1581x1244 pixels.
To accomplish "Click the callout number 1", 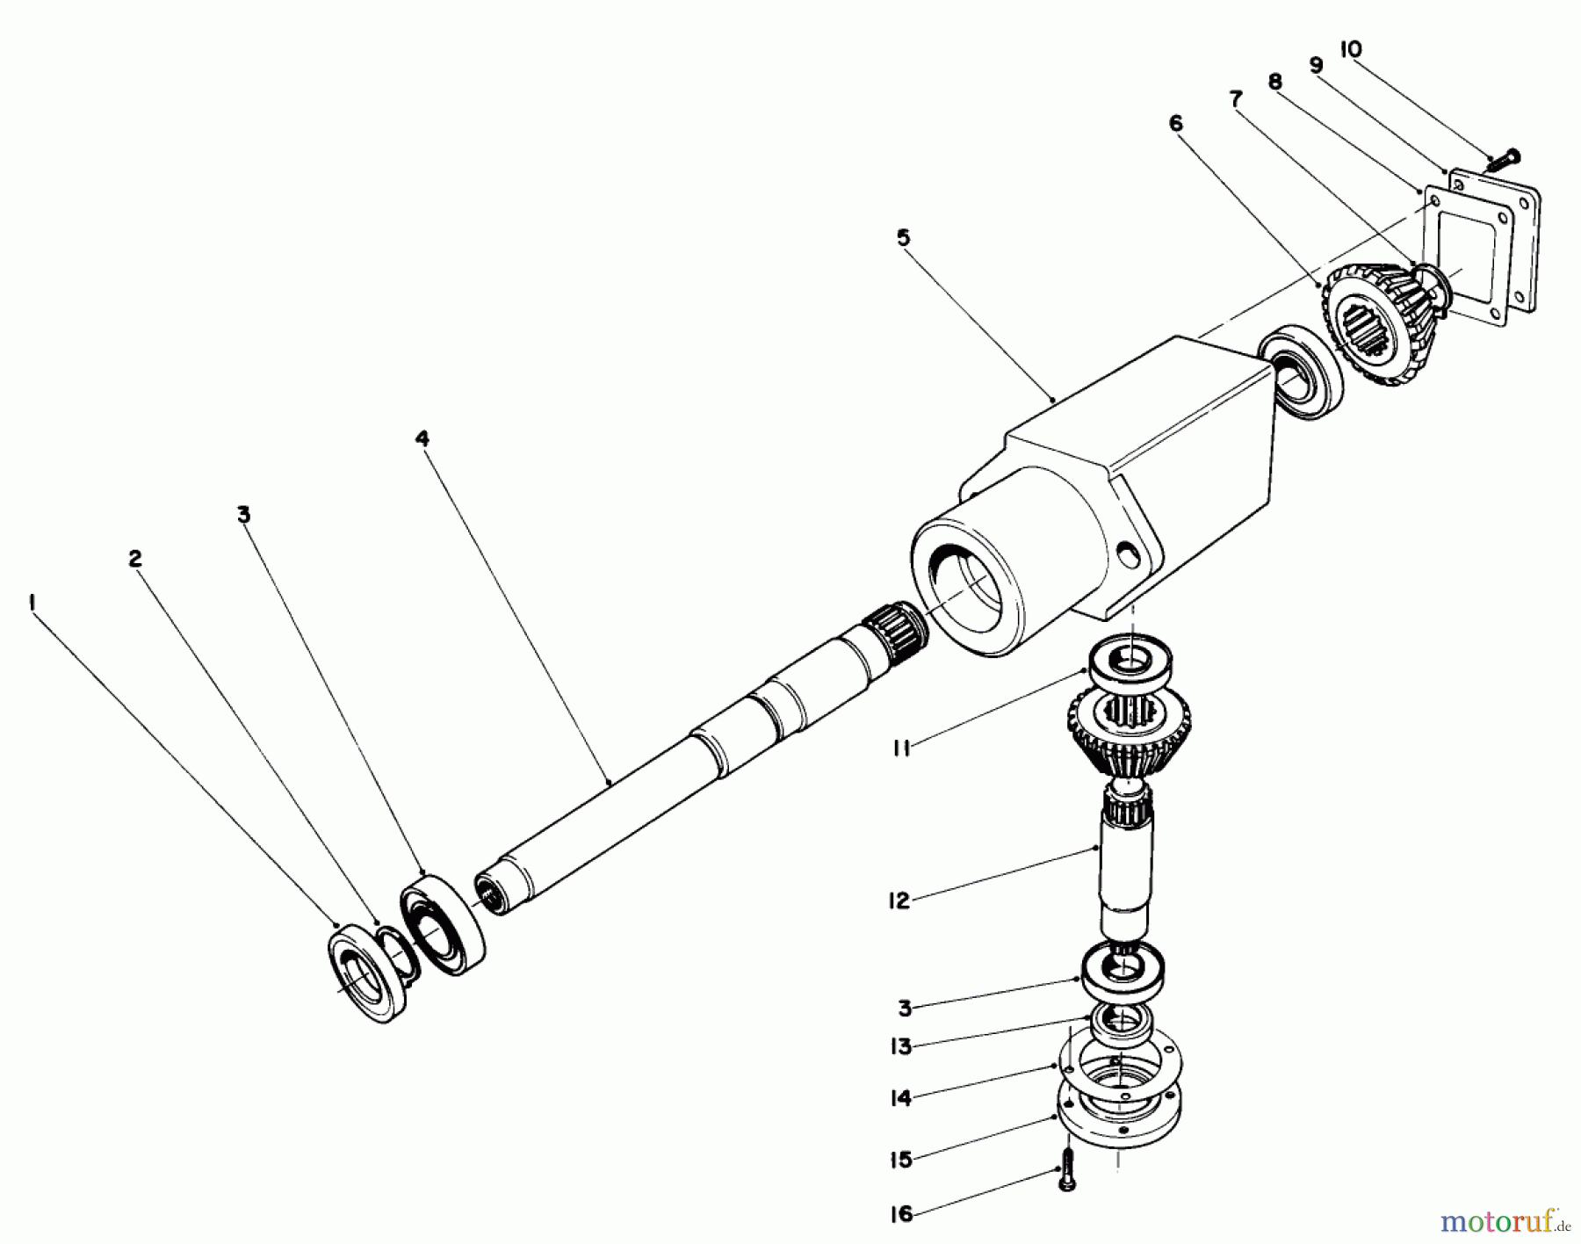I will point(32,603).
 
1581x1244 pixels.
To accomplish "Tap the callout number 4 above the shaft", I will point(422,438).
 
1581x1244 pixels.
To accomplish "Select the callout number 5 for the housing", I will point(904,237).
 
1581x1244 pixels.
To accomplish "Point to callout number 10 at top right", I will point(1350,50).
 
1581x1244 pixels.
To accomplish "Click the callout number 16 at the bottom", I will point(901,1215).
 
